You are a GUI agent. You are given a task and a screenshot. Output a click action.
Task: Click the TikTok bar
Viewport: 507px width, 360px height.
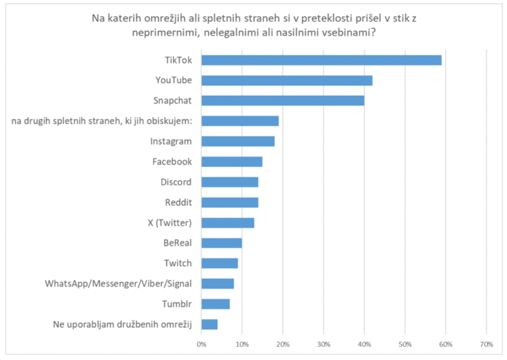(321, 60)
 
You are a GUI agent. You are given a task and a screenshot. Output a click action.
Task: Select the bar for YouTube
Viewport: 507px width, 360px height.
(287, 81)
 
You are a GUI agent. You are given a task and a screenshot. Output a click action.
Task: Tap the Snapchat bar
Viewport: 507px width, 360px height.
(283, 101)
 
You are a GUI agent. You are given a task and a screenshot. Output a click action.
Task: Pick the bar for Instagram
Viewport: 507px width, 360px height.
(238, 141)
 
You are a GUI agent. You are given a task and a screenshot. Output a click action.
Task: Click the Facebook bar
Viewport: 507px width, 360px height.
(232, 162)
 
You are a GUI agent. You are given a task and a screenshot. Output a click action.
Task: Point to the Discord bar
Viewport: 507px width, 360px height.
(230, 182)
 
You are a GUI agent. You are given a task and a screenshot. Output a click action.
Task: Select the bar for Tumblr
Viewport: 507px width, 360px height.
(215, 304)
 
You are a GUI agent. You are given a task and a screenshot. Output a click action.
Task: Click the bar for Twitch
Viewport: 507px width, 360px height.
(219, 264)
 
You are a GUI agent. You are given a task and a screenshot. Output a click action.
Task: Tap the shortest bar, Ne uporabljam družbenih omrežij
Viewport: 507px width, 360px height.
(209, 324)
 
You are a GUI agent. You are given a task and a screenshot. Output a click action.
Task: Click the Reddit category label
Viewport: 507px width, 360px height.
(178, 202)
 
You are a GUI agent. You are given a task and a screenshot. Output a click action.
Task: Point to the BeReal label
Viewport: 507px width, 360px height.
(178, 243)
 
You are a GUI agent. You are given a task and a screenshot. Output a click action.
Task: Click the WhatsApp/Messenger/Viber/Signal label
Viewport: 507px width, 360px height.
(118, 283)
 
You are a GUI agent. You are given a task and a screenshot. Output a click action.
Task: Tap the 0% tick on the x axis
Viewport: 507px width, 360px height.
(201, 344)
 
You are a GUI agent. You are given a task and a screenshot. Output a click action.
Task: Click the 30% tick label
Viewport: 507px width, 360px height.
(323, 344)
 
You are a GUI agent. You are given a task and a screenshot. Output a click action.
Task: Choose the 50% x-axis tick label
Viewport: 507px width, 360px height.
(405, 344)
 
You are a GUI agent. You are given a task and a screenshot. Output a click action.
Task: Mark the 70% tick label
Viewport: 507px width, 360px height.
(486, 344)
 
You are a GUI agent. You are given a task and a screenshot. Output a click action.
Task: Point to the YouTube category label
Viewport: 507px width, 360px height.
(173, 81)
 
